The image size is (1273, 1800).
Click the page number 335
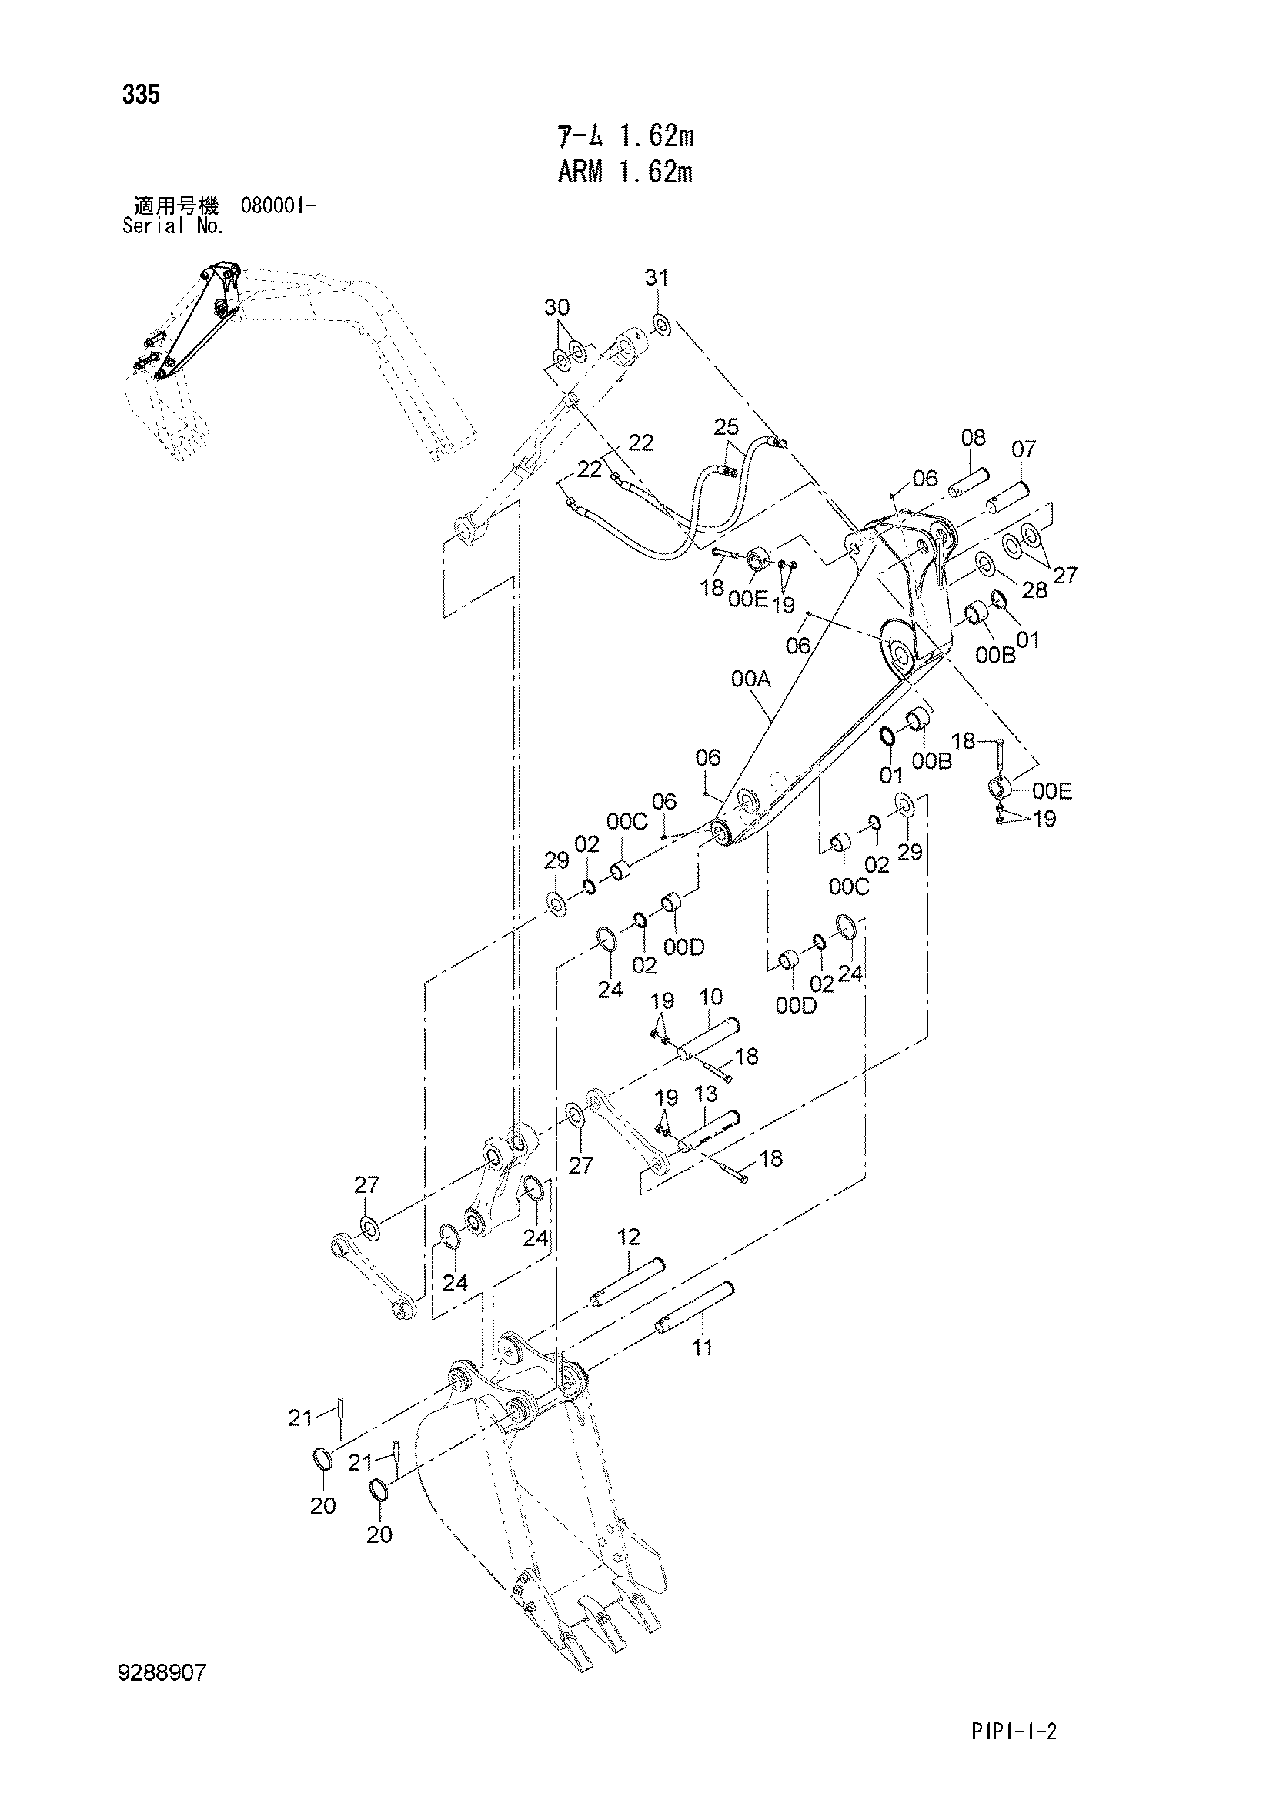[x=141, y=95]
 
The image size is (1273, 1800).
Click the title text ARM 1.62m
[x=625, y=172]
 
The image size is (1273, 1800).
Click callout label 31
[x=657, y=278]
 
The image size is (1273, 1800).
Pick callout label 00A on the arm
[x=751, y=679]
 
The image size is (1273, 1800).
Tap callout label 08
[x=973, y=437]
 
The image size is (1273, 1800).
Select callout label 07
[x=1024, y=449]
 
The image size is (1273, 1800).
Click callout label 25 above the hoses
[x=727, y=427]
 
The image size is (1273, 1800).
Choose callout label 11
[x=703, y=1347]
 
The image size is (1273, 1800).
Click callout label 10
[x=711, y=997]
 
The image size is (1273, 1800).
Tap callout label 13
[x=706, y=1094]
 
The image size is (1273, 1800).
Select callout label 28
[x=1034, y=590]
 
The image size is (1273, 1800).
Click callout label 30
[x=557, y=307]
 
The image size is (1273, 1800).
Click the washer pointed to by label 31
[x=660, y=323]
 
